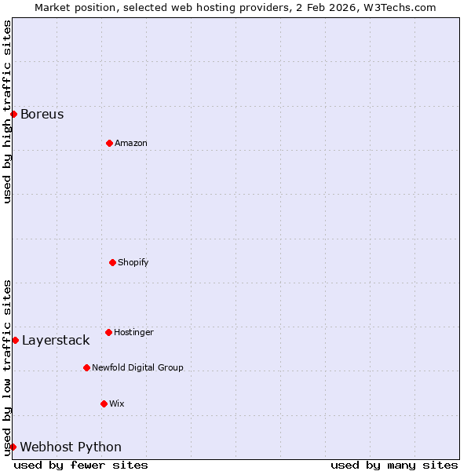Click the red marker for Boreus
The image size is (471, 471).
point(13,114)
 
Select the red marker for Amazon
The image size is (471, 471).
point(109,143)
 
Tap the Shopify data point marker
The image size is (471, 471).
point(112,262)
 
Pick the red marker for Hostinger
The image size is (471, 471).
point(108,332)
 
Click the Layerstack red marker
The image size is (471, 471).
point(15,340)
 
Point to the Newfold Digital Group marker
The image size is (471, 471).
point(86,367)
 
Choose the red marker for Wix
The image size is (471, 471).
point(104,403)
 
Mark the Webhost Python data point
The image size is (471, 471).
point(13,447)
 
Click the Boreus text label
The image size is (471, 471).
point(42,115)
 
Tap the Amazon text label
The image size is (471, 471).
point(131,144)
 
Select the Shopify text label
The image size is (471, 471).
point(133,263)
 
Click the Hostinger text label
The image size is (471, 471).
point(134,333)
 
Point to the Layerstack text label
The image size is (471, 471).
point(56,341)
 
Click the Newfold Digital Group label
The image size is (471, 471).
point(137,368)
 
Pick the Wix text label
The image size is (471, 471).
point(117,404)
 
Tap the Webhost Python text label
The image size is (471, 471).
point(71,447)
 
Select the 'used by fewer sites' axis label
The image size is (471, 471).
point(81,465)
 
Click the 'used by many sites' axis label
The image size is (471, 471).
point(394,465)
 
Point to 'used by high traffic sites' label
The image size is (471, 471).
point(7,111)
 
